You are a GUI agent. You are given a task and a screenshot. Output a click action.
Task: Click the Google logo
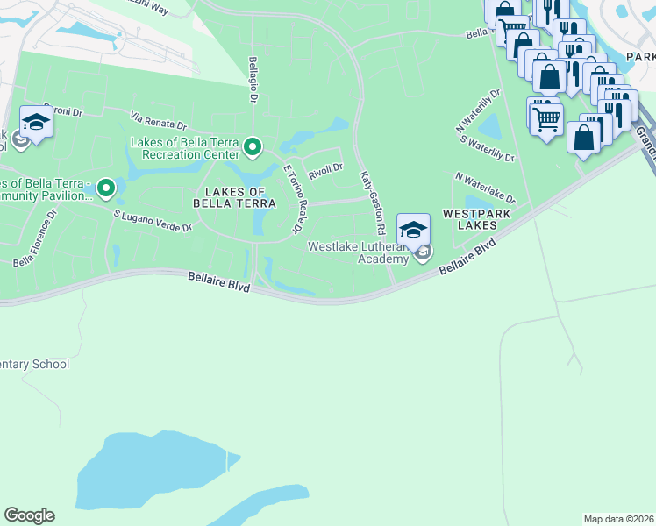click(29, 515)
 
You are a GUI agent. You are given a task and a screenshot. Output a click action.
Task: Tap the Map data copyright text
click(619, 519)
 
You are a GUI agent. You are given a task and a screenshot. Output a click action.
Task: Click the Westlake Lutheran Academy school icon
click(414, 230)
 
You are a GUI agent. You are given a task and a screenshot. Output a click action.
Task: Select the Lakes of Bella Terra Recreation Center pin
click(253, 146)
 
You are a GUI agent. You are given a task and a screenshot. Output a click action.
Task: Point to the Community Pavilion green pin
click(106, 187)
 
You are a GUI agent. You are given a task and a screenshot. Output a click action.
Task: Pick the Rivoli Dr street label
click(324, 167)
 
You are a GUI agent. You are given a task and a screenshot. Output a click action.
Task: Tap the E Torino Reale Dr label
click(293, 200)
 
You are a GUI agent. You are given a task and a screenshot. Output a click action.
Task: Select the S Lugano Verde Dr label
click(153, 220)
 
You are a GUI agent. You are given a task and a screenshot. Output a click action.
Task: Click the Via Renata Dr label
click(160, 120)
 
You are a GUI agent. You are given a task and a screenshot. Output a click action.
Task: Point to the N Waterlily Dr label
click(479, 109)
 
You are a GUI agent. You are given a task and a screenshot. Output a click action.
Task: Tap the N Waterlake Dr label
click(485, 188)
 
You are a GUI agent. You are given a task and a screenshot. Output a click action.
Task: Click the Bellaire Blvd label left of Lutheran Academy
click(219, 282)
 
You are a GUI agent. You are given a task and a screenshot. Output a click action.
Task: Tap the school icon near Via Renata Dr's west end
click(36, 124)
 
